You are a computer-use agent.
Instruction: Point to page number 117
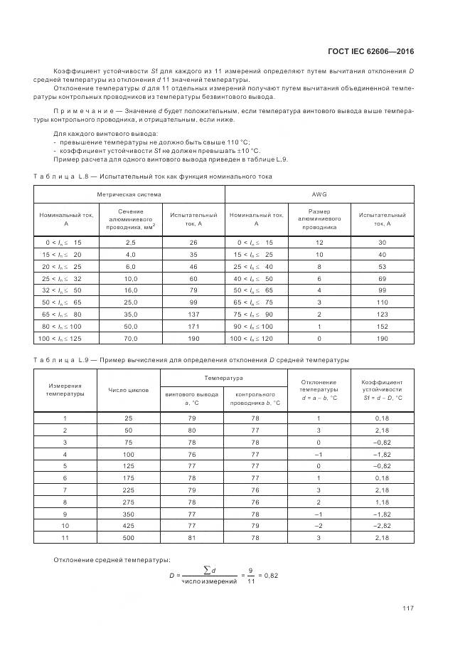point(407,608)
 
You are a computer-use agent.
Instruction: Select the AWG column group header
point(319,194)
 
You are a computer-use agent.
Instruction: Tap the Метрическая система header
point(129,194)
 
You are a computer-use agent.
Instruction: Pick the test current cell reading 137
point(193,314)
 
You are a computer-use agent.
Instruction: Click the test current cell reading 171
point(193,326)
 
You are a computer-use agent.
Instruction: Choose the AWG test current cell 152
point(382,326)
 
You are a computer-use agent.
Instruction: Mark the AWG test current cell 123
point(382,314)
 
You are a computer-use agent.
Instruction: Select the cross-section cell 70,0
point(131,338)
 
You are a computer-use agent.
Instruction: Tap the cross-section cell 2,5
point(131,243)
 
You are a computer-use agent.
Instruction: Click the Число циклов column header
point(128,390)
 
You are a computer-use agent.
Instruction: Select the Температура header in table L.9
point(224,378)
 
